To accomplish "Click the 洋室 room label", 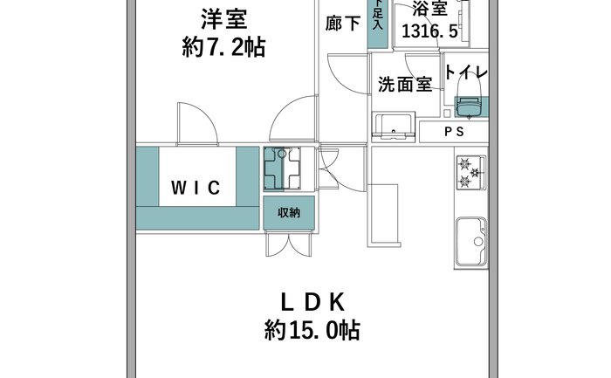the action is click(224, 20).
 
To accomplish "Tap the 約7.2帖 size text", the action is click(223, 47).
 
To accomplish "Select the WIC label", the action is click(196, 188).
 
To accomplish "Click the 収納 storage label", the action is click(289, 213).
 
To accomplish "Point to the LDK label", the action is click(312, 302).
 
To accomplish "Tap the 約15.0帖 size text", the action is click(312, 331).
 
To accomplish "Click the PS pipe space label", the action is click(455, 132).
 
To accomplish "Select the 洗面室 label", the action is click(405, 84).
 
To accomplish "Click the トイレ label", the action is click(466, 72).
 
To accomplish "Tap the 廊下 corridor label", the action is click(343, 24).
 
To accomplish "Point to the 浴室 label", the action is click(429, 9).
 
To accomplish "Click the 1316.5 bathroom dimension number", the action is click(429, 31).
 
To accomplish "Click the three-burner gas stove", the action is click(471, 172).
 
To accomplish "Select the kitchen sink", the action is click(471, 241).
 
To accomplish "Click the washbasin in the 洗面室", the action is click(393, 126).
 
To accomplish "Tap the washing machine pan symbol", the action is click(282, 168).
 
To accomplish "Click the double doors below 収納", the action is click(289, 244).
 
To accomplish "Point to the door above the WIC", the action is click(196, 124).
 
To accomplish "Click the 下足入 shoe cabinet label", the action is click(378, 15).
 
